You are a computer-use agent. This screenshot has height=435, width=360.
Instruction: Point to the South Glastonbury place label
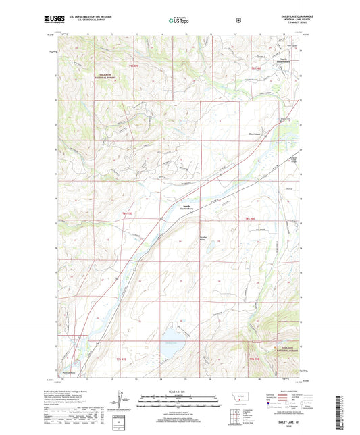184,207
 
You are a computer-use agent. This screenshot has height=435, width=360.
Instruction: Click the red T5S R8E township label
255,68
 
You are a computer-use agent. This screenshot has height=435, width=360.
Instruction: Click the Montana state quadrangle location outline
236,401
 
